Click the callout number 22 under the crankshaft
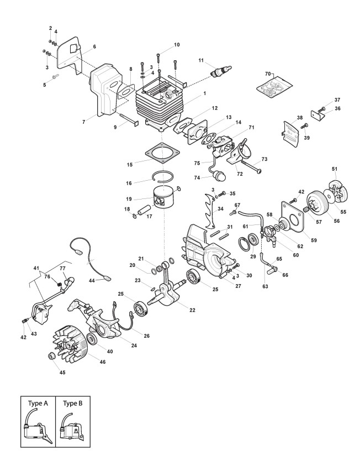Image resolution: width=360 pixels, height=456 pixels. (x=192, y=310)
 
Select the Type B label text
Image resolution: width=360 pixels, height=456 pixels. (x=73, y=403)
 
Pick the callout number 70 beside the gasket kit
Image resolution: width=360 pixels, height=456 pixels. (x=269, y=74)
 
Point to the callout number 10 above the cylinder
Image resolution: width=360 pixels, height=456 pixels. (x=177, y=44)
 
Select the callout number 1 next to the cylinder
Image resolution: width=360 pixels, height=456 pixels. (x=205, y=95)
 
